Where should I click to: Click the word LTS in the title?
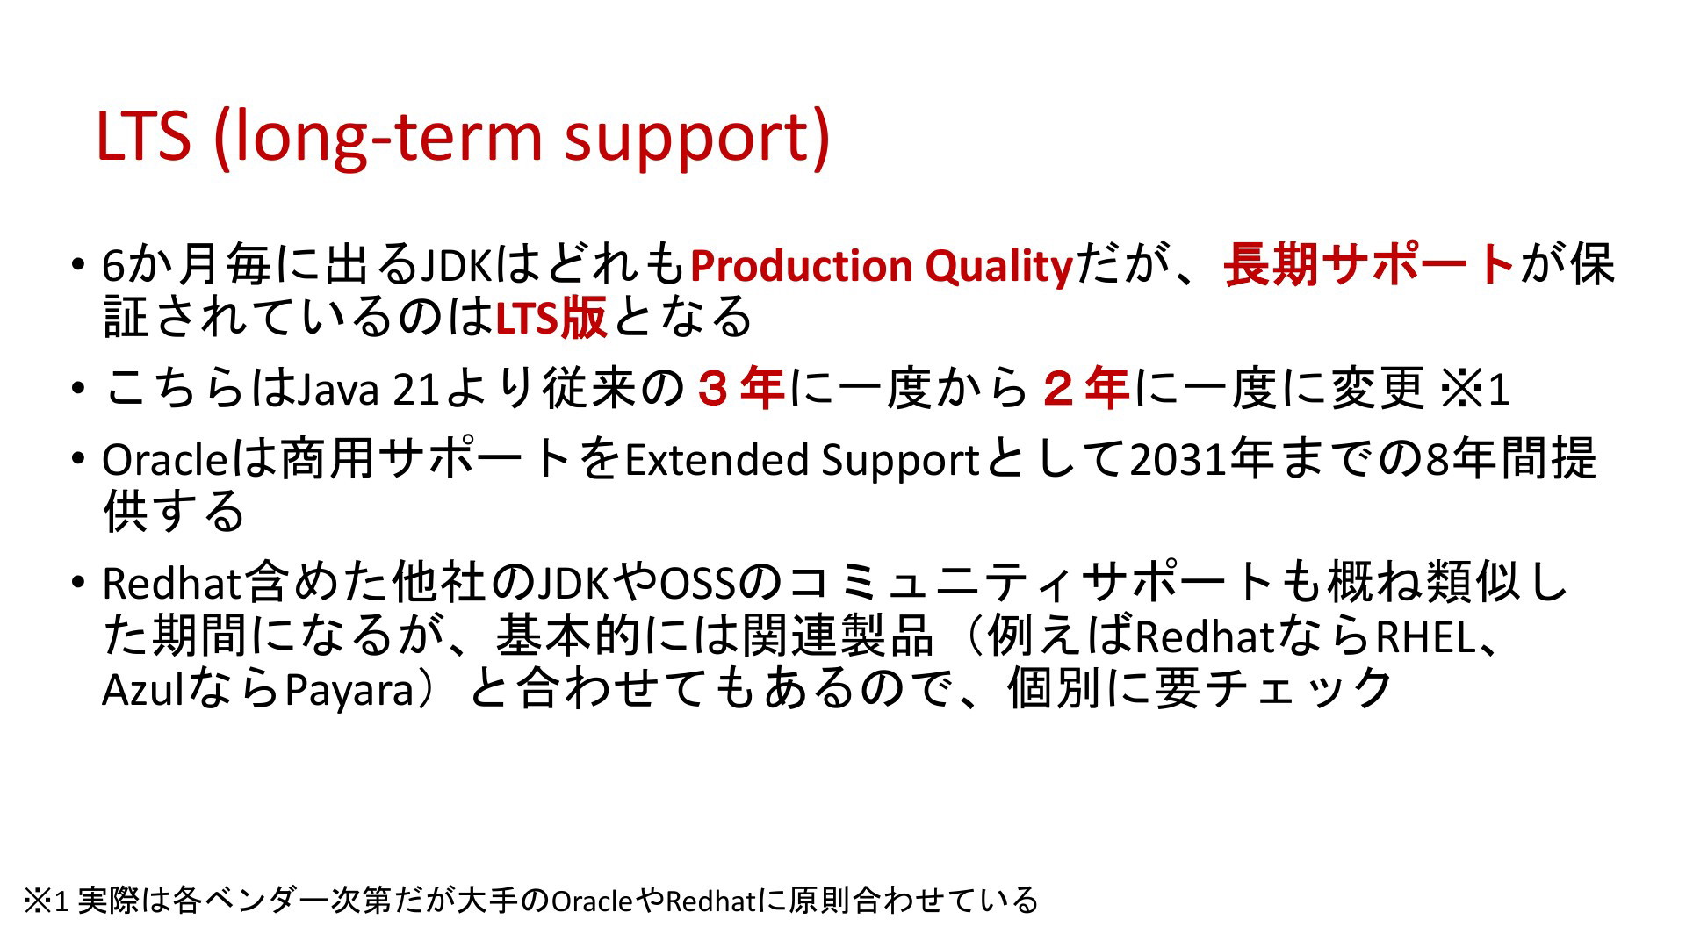tap(143, 136)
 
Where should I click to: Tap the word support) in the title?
tap(696, 140)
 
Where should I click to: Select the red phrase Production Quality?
tap(882, 267)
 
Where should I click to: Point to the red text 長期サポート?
tap(1370, 265)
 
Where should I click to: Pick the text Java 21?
tap(368, 390)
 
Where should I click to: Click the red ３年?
tap(740, 389)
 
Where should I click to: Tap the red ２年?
tap(1085, 389)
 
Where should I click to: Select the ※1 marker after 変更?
tap(1474, 390)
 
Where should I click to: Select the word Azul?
tap(143, 690)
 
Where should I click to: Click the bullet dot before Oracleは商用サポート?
tap(80, 459)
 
